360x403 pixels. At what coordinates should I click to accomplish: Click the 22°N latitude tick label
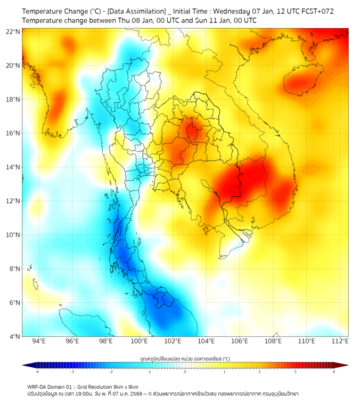pos(13,31)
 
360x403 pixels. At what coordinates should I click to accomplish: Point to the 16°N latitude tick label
pos(13,133)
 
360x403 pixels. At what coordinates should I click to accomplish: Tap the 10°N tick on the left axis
pos(13,235)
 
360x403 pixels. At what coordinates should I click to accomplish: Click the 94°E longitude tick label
pos(39,342)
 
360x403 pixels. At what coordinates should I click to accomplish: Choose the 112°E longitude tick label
pos(340,342)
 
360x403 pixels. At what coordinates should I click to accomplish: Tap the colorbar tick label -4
pos(37,372)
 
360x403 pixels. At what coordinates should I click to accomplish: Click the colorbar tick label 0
pos(185,372)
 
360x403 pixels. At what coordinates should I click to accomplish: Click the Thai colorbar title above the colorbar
pos(185,358)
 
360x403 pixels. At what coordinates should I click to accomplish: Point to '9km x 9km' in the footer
pos(126,387)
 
